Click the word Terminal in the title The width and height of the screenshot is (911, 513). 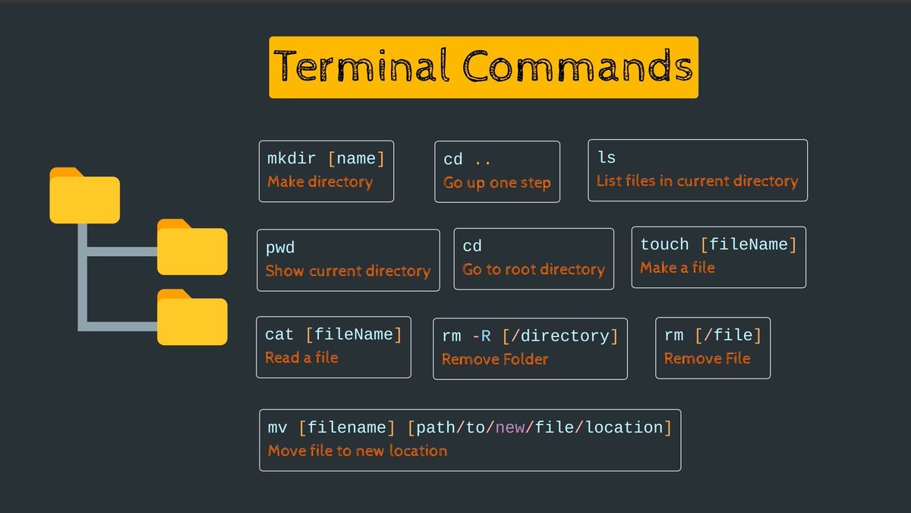tap(364, 67)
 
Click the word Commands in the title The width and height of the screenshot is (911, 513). tap(578, 67)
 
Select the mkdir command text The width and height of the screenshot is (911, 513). tap(292, 159)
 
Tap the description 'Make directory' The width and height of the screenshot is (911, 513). tap(320, 182)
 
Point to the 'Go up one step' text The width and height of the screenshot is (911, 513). tap(496, 183)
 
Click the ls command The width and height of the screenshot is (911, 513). tap(607, 157)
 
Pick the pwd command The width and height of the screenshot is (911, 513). tap(279, 248)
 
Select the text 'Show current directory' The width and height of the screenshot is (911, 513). tap(348, 271)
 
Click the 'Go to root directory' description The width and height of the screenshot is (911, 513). tap(533, 270)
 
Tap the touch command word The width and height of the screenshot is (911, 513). tap(664, 245)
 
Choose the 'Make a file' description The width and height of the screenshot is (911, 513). tap(677, 268)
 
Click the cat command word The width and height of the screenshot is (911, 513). tap(279, 334)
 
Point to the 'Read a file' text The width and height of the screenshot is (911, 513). tap(301, 358)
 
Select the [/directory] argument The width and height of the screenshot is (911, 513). tap(560, 336)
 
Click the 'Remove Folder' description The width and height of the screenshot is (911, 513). tap(494, 359)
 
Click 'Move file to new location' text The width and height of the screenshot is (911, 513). tap(358, 451)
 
